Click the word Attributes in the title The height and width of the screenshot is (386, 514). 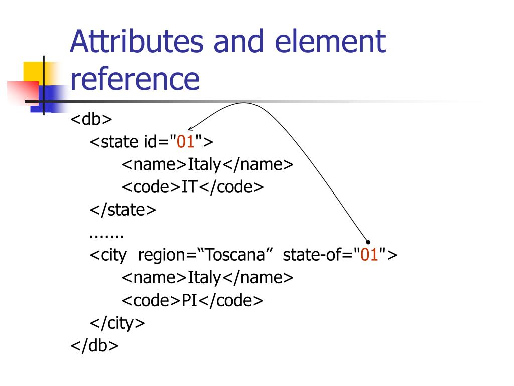(137, 42)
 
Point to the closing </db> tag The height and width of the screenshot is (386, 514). (94, 346)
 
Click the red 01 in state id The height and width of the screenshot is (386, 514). (185, 142)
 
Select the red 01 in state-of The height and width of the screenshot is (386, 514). (369, 255)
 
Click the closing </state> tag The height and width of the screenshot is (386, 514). (123, 210)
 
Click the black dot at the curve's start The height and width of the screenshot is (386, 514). (368, 242)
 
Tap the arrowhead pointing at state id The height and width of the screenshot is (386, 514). (190, 129)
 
